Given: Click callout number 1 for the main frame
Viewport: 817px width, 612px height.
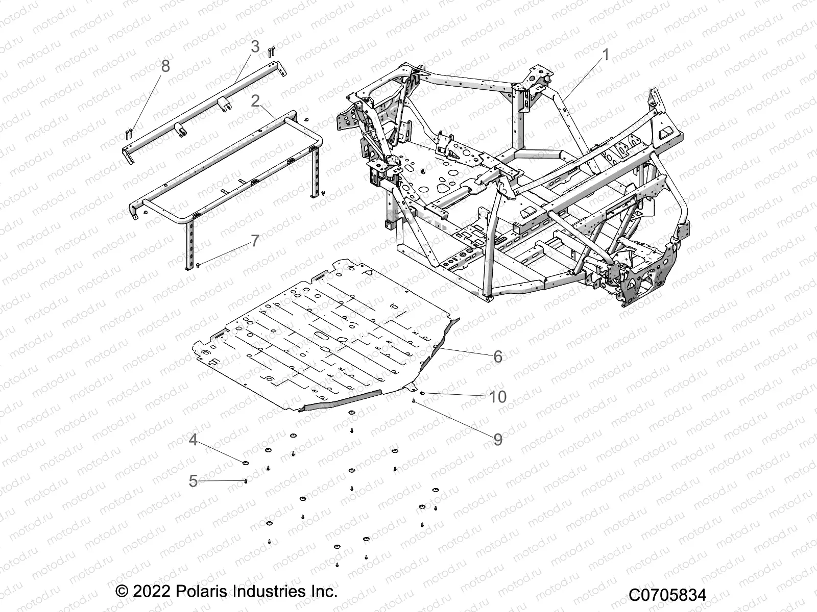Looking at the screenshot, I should [x=606, y=55].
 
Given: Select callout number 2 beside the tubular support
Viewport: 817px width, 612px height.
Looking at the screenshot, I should [x=256, y=101].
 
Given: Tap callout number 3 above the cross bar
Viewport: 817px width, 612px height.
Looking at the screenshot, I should [x=255, y=47].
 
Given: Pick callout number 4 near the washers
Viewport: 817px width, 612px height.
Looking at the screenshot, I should [x=193, y=440].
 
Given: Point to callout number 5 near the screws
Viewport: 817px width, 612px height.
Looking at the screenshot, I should [x=193, y=480].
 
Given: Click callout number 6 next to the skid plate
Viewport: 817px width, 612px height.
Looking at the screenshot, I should [x=498, y=356].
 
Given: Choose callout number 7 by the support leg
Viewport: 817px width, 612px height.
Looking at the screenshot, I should [x=255, y=241].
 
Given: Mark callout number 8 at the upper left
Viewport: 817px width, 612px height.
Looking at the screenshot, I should [x=165, y=66].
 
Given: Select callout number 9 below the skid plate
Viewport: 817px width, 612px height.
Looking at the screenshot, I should [x=498, y=439].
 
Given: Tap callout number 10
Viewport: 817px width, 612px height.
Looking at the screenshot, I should [x=498, y=396].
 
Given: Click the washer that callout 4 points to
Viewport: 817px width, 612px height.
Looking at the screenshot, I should [x=245, y=463].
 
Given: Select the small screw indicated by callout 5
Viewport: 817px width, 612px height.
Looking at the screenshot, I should [x=246, y=481].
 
